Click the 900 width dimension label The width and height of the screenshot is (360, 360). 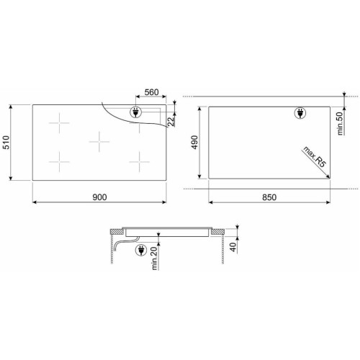99,197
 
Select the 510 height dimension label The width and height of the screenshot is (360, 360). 6,143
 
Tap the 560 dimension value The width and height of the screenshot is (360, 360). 151,92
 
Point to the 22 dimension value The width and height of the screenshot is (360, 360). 171,122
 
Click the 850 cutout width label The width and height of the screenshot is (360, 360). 269,197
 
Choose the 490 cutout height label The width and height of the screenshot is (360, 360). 194,142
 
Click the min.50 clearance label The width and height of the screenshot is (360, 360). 341,124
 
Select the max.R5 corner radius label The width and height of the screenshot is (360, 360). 315,156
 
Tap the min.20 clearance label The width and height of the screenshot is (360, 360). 154,258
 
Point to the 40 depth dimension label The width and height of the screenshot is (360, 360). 233,247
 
